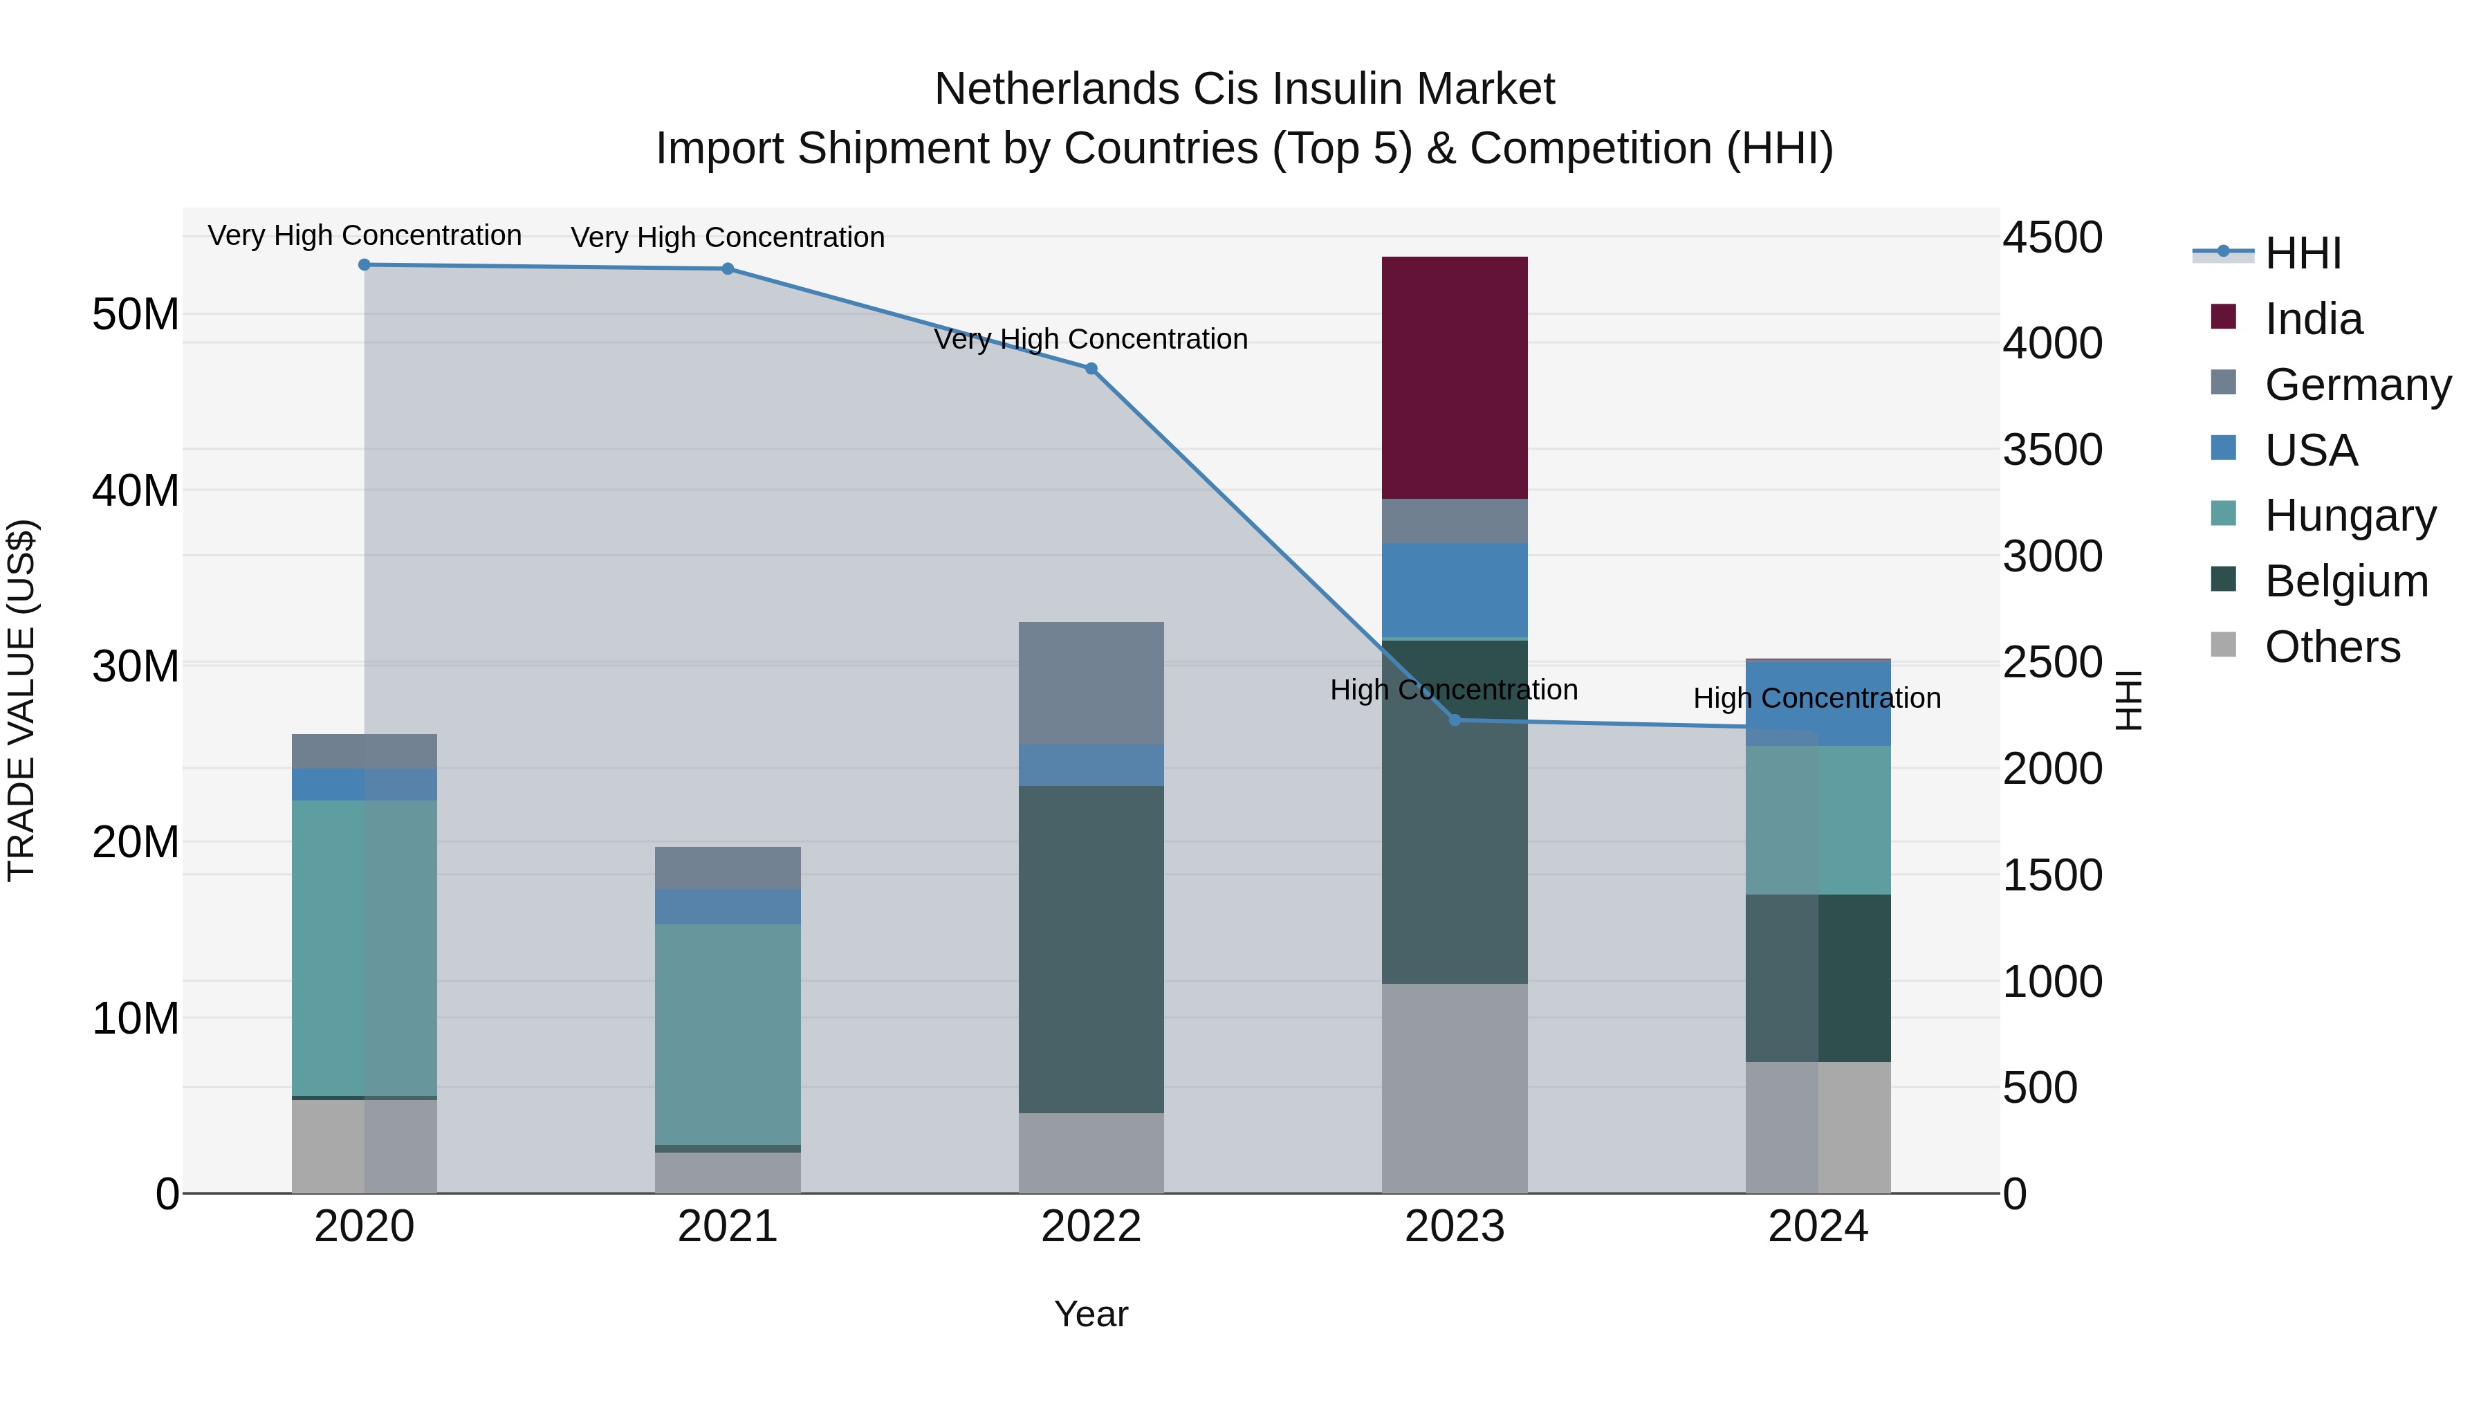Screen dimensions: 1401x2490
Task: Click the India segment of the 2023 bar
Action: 1454,377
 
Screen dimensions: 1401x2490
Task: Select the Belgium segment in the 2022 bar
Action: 1090,949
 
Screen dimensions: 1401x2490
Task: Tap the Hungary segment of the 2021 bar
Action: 727,1034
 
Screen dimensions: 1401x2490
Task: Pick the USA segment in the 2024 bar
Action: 1817,703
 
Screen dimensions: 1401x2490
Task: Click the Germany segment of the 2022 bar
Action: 1090,683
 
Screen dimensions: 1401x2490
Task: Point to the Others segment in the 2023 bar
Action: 1454,1088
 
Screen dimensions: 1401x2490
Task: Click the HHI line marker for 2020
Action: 365,265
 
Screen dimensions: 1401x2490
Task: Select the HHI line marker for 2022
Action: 1090,368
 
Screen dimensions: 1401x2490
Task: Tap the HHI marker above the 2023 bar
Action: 1454,720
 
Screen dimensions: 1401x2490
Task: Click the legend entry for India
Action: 2312,319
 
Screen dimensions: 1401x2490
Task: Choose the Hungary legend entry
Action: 2349,515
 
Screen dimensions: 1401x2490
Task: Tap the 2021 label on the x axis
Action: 727,1227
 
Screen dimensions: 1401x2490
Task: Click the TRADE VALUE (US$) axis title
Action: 21,700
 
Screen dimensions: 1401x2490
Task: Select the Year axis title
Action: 1090,1314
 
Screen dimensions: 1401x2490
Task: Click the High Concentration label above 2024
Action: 1816,698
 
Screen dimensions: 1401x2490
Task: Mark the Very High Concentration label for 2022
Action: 1090,340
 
